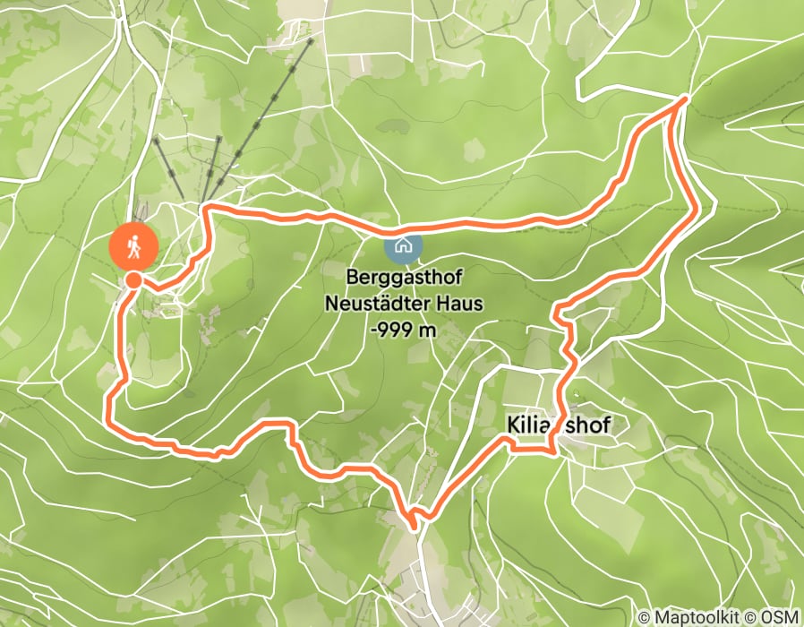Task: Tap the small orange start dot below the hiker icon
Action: coord(133,280)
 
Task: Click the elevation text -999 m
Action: coord(403,329)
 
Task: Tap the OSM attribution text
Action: coord(778,617)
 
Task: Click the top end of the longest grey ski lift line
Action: coord(311,40)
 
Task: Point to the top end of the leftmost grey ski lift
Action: coord(156,139)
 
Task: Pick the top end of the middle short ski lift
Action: coord(218,138)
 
